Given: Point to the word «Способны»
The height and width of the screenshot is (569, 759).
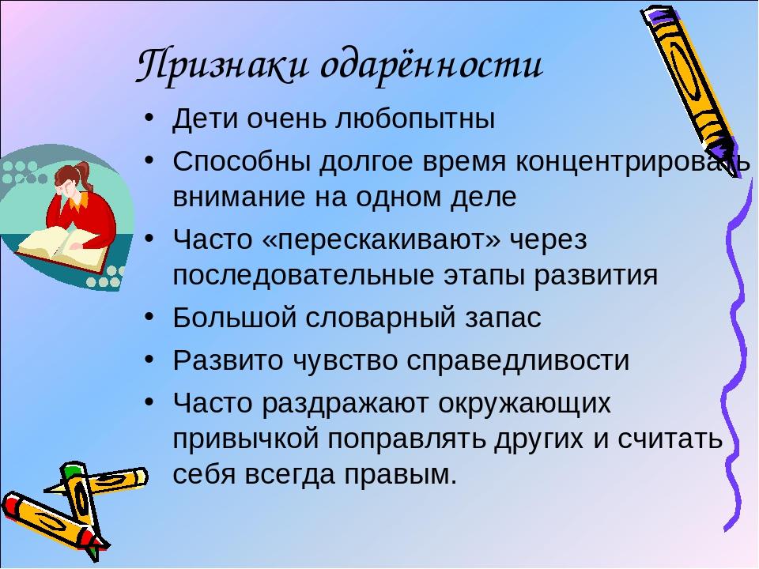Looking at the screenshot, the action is point(242,162).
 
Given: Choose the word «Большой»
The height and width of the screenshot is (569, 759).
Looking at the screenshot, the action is point(234,318).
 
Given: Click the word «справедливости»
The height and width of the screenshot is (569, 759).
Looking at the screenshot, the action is point(517,361).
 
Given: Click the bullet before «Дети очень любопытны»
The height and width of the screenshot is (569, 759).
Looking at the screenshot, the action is point(149,119).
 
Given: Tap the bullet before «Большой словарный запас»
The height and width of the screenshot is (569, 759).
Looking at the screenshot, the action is point(149,318).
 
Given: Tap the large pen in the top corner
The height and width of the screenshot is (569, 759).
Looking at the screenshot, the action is point(693,87).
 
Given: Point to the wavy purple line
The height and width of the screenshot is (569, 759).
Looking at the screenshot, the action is point(737,353).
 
